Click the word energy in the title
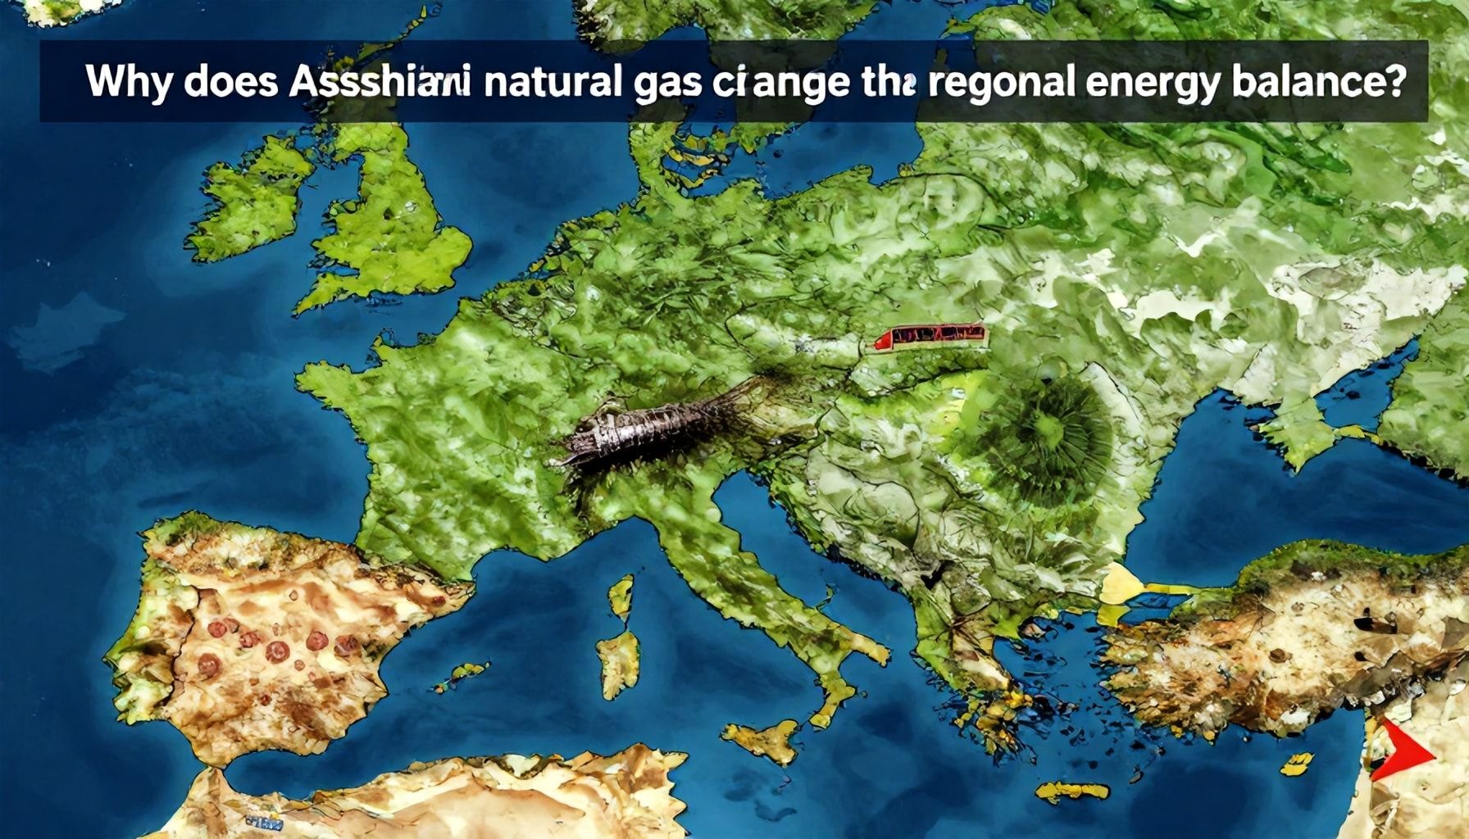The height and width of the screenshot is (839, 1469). pyautogui.click(x=1153, y=85)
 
